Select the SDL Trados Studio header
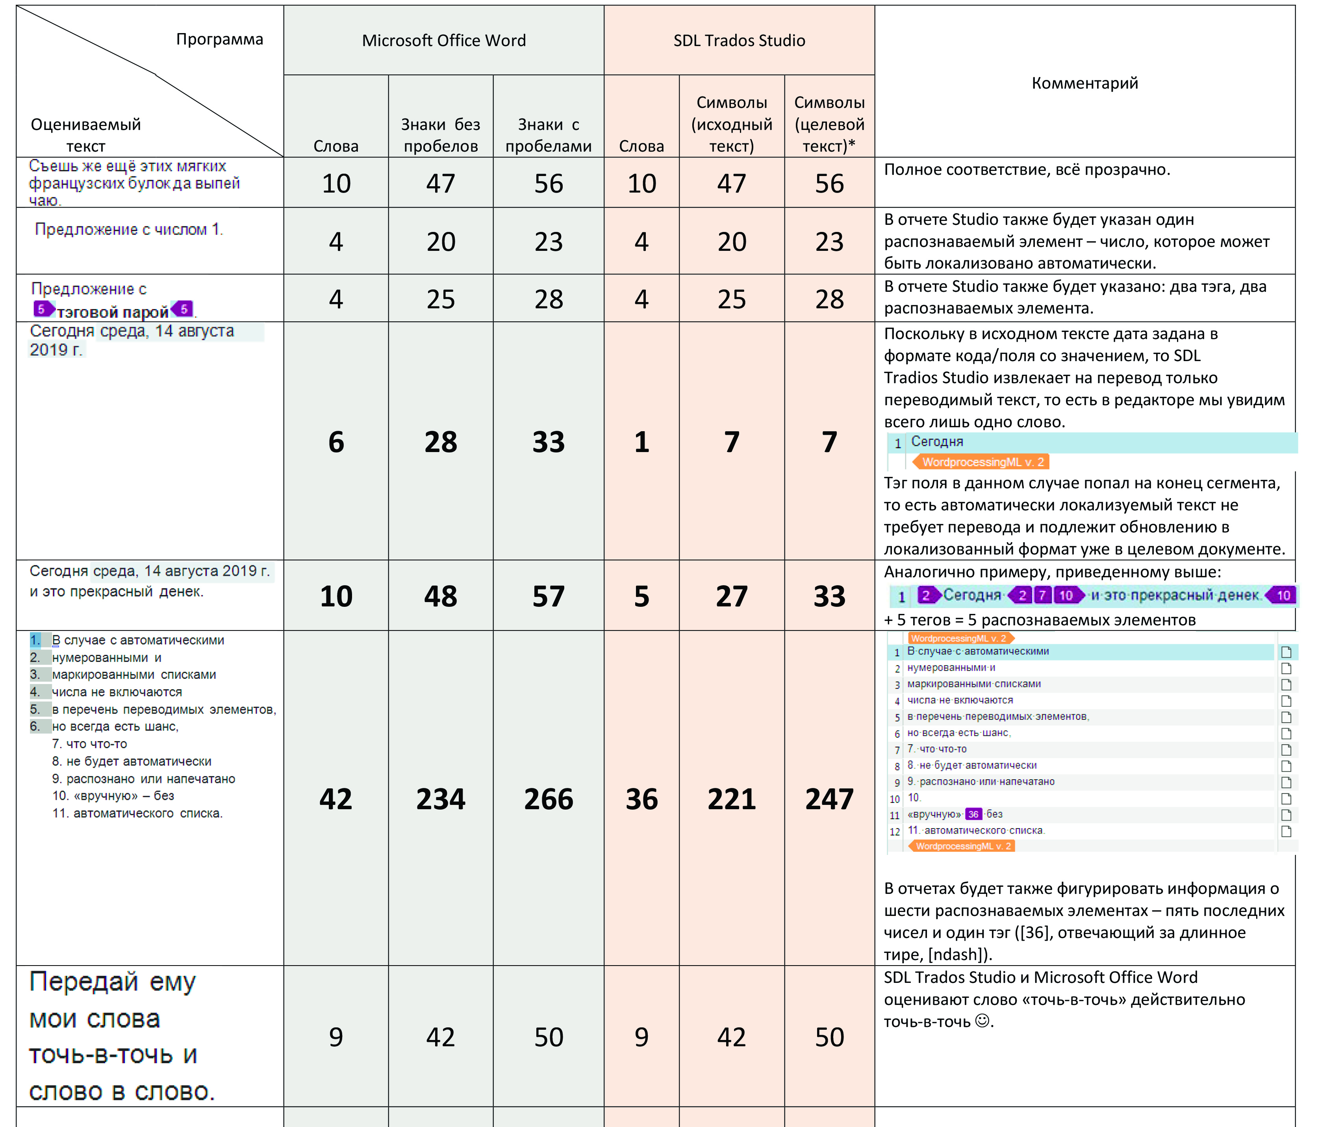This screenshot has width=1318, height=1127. (739, 41)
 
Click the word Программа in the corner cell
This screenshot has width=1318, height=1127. (219, 39)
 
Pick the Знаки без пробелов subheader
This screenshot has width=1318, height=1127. (440, 135)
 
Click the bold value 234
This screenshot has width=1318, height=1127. (440, 799)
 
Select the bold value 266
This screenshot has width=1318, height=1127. (548, 799)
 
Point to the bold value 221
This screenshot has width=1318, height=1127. (732, 799)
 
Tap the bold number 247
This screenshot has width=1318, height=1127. (829, 799)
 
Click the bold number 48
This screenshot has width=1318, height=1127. (440, 596)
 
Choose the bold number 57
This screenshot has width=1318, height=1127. (548, 596)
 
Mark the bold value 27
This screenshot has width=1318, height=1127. (732, 596)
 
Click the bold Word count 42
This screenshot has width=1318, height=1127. (336, 799)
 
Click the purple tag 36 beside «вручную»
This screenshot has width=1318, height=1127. (973, 814)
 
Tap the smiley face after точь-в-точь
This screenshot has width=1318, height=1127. (983, 1021)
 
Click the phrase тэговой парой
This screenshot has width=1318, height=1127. (113, 311)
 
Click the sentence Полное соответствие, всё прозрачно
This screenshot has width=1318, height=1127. (1027, 170)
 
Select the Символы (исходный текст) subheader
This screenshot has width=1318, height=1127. (732, 124)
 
